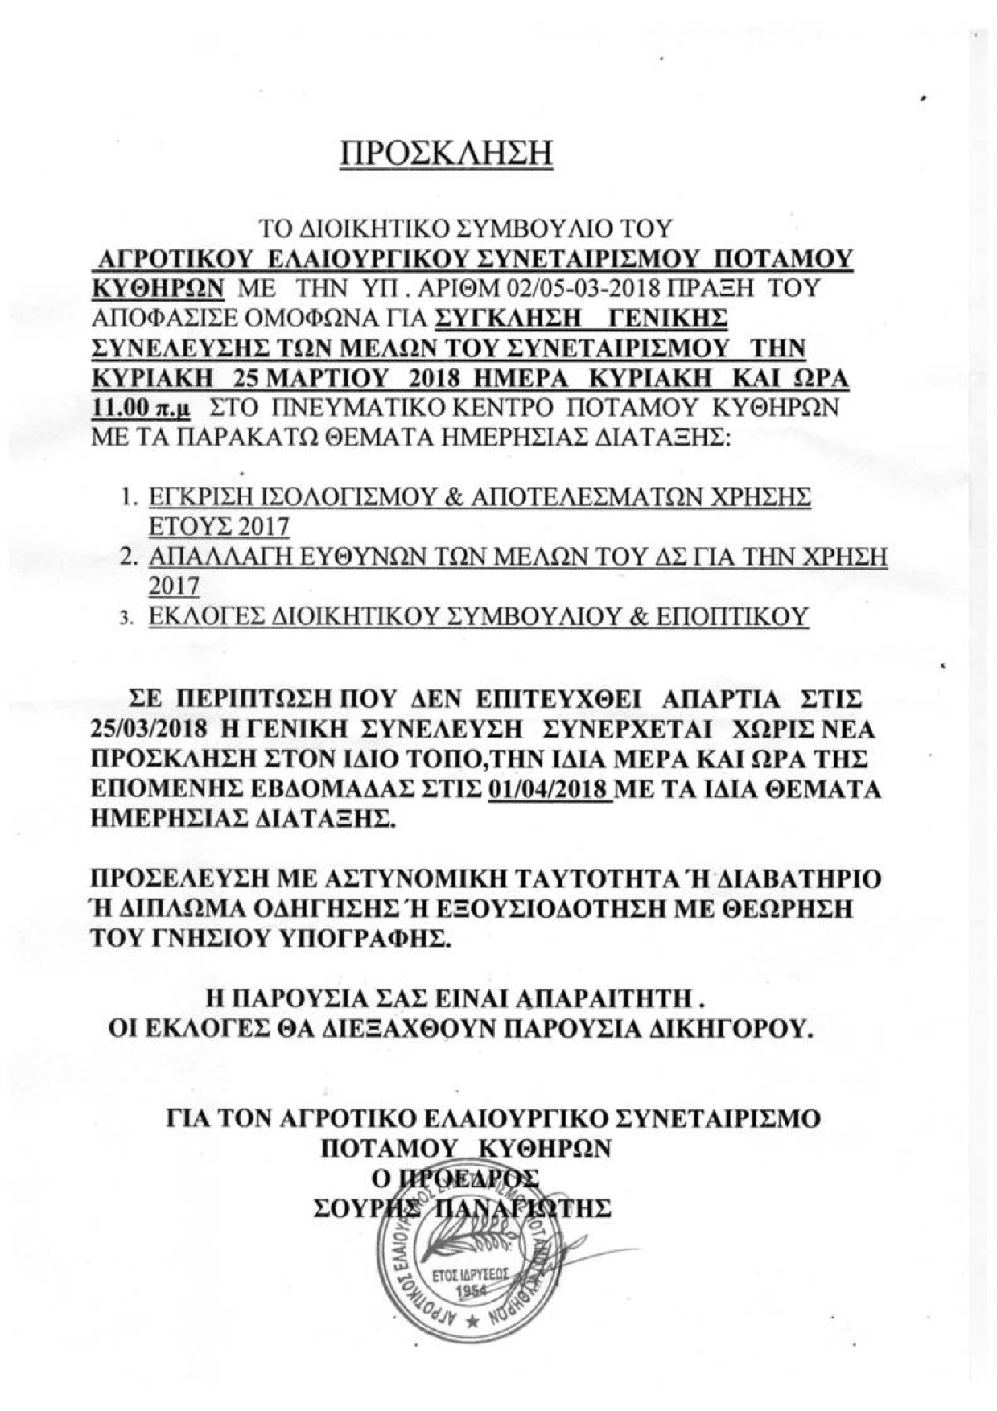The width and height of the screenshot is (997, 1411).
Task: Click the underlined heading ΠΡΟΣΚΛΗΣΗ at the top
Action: [x=447, y=154]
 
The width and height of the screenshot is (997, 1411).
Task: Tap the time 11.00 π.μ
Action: [x=142, y=408]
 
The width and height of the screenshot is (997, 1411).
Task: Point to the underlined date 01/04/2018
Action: [x=550, y=788]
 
